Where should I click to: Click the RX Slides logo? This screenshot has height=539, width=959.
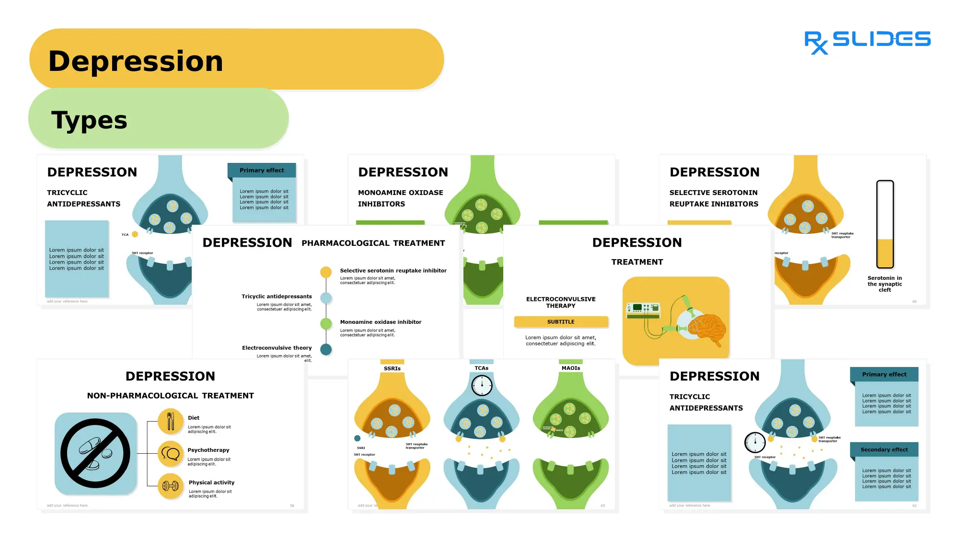[867, 41]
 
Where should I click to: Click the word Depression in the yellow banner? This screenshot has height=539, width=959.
[136, 61]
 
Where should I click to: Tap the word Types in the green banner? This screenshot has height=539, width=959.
[89, 120]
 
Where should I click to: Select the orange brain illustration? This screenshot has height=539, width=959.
[707, 327]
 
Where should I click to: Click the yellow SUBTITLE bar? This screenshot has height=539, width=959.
[561, 322]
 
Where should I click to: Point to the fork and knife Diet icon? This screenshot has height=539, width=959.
[171, 421]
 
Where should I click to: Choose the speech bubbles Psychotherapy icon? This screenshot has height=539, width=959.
[171, 453]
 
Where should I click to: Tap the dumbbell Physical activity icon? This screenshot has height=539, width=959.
[171, 486]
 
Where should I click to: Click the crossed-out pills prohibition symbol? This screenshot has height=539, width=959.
[95, 453]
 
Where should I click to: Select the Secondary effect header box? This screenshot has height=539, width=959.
[884, 449]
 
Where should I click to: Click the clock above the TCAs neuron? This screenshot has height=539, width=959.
[482, 385]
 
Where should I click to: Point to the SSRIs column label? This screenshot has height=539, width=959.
[392, 368]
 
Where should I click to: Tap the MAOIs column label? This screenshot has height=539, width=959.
[571, 368]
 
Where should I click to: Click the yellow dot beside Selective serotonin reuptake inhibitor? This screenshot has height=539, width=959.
[326, 272]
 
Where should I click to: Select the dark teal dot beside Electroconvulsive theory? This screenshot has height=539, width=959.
[326, 349]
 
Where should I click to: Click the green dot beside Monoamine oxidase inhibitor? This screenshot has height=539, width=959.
[326, 323]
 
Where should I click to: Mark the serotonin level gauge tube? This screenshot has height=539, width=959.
[885, 224]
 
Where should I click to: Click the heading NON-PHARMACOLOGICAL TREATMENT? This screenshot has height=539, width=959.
[171, 396]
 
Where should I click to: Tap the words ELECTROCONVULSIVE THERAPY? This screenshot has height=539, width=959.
[561, 302]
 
